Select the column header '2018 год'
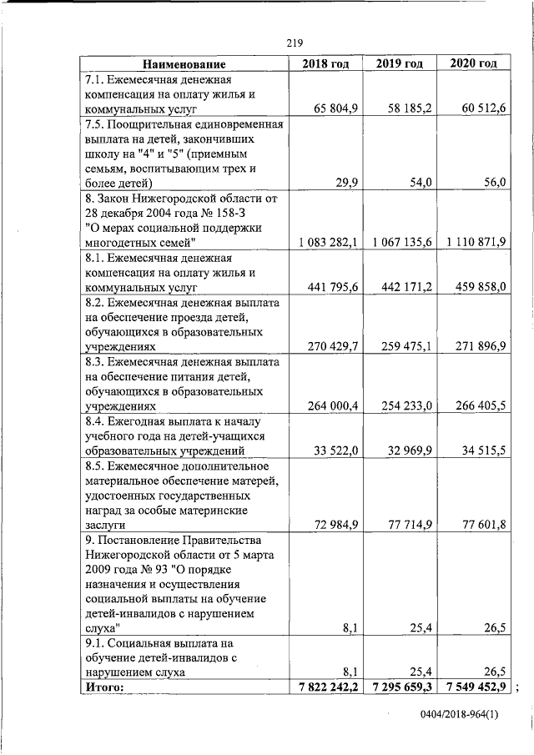[x=325, y=64]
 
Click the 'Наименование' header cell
[x=184, y=64]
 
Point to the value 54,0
[x=420, y=183]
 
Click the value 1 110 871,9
[x=476, y=242]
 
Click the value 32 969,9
[x=410, y=450]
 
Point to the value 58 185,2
[x=408, y=108]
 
